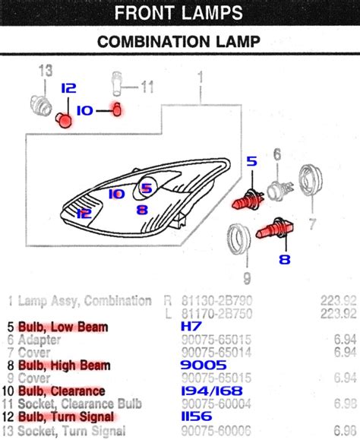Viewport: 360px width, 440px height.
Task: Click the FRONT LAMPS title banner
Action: (x=179, y=12)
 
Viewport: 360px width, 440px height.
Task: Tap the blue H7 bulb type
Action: (x=191, y=327)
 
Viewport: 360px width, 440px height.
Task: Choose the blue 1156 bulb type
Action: (x=197, y=416)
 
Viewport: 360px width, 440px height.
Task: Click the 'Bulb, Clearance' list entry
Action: (x=62, y=391)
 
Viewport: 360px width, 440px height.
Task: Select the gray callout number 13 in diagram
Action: (x=46, y=70)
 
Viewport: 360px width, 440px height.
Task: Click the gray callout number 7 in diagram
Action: (x=311, y=224)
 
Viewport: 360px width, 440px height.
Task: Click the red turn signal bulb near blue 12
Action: (x=64, y=119)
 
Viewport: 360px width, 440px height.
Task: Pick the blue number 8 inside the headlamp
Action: (x=141, y=210)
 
